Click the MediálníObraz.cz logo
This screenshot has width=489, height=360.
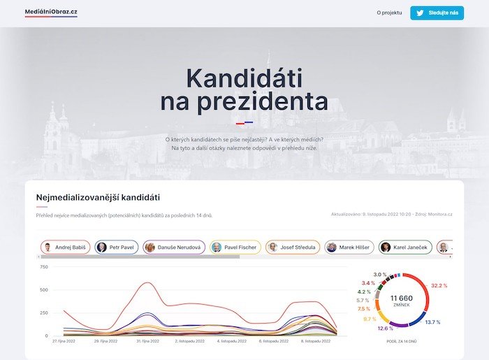coord(51,12)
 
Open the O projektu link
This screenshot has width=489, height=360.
coord(389,13)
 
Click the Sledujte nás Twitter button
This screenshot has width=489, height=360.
coord(437,13)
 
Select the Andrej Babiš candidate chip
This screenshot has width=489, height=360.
coord(66,247)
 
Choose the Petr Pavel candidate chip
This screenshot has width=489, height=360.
coord(116,247)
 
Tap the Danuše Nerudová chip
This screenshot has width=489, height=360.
coord(174,247)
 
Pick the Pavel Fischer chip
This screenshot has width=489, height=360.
coord(235,247)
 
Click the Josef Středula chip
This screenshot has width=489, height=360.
coord(293,247)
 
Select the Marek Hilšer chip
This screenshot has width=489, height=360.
coord(349,247)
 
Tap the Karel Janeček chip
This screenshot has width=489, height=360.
coord(405,247)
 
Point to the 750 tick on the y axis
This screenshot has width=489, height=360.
coord(43,267)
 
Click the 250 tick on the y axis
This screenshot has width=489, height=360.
coord(43,312)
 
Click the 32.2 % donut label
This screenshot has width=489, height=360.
coord(439,286)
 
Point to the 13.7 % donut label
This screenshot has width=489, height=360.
coord(433,322)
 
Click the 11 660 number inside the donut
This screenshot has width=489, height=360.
coord(402,298)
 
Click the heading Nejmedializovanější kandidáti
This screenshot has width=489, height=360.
coord(103,198)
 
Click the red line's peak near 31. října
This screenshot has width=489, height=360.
coord(147,282)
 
